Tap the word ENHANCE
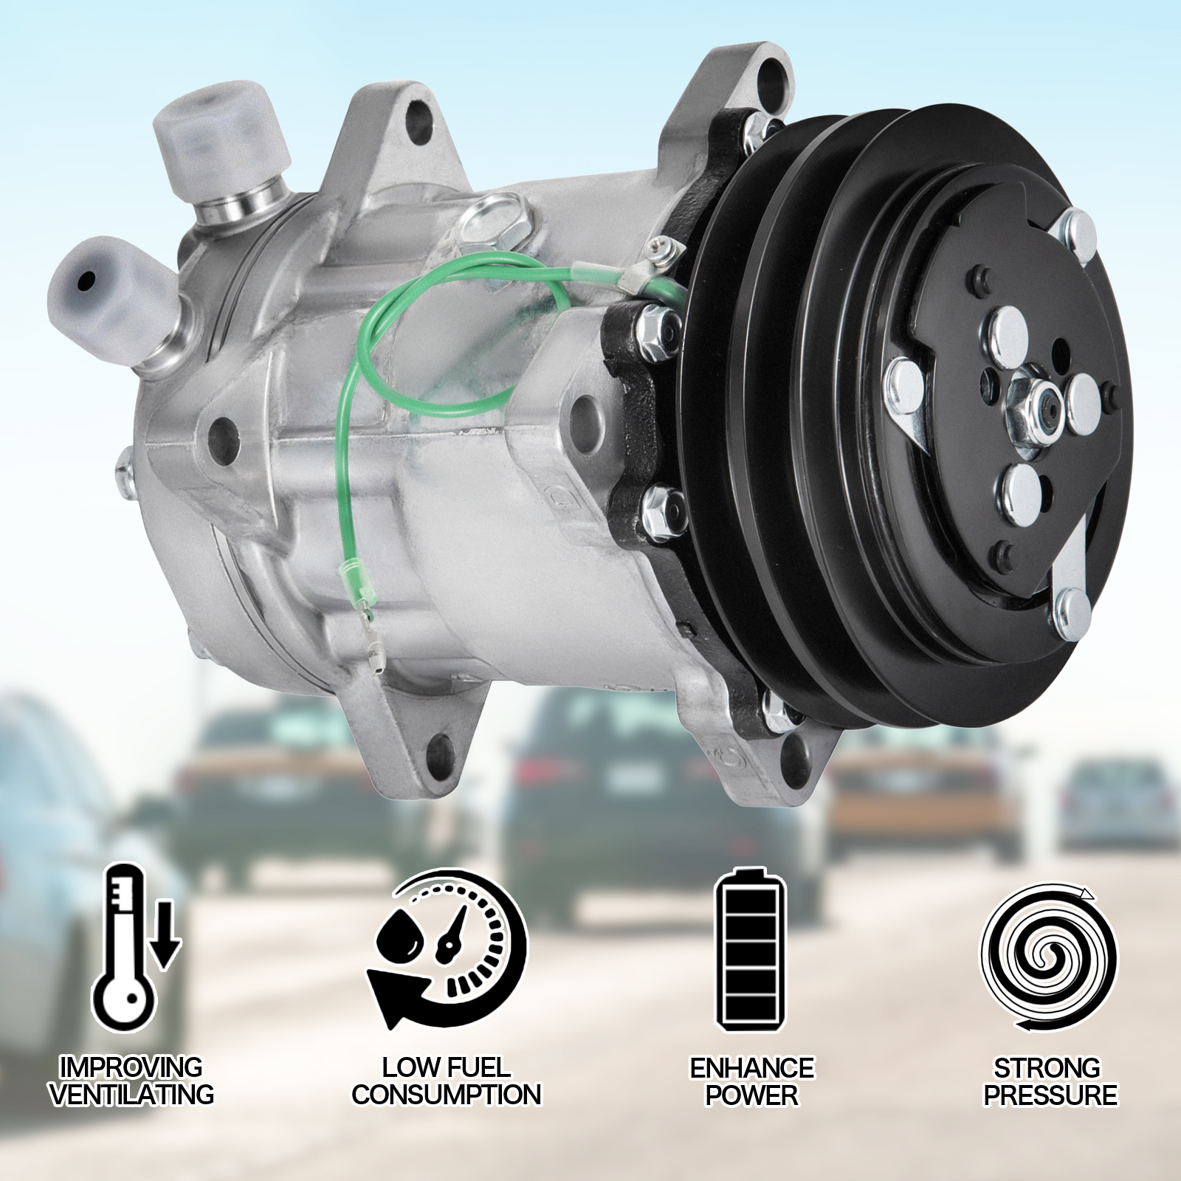[x=751, y=1067]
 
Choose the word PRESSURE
[x=1050, y=1094]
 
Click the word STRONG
[x=1047, y=1067]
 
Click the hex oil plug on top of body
[x=500, y=218]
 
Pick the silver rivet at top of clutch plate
[x=1075, y=224]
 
